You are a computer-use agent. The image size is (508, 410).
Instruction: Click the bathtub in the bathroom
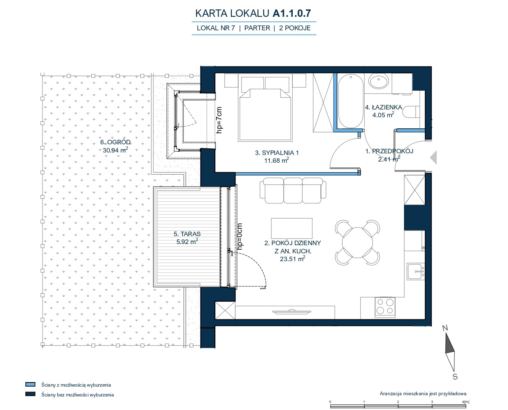click(351, 101)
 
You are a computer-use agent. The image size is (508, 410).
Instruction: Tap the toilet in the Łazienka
click(411, 112)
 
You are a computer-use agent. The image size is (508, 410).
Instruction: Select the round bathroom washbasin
click(379, 81)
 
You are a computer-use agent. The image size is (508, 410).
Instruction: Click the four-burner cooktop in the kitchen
click(385, 307)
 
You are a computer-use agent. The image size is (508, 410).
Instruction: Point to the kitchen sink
click(416, 271)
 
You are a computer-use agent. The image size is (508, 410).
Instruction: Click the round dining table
click(357, 243)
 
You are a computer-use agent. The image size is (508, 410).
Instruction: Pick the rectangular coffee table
click(292, 228)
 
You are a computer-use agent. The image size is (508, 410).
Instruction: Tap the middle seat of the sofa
click(293, 191)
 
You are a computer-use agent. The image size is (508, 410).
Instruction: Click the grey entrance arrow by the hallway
click(433, 157)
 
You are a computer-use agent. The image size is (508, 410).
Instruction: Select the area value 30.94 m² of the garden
click(115, 150)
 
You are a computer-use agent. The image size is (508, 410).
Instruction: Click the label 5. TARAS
click(187, 234)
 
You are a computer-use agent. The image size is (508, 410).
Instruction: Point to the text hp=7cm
click(219, 120)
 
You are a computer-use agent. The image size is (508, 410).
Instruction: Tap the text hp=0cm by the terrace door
click(239, 237)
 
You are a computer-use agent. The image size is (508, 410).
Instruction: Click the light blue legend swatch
click(30, 384)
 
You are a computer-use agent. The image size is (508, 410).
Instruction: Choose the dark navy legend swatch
click(30, 394)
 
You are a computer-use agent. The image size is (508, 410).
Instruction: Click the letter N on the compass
click(445, 328)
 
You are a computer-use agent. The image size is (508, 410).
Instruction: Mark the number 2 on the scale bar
click(398, 402)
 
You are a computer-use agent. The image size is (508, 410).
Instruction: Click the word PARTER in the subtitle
click(257, 28)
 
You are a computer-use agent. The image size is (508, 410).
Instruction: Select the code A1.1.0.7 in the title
click(292, 13)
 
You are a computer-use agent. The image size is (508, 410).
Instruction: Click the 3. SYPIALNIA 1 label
click(277, 153)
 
